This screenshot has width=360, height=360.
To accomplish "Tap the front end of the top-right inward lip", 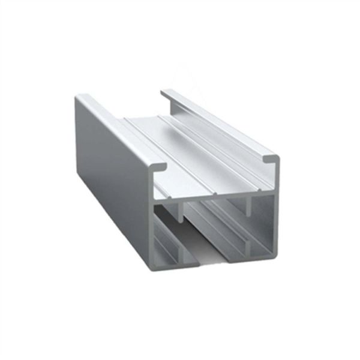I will pyautogui.click(x=269, y=159).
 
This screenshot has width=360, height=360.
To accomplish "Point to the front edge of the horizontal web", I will pyautogui.click(x=213, y=197).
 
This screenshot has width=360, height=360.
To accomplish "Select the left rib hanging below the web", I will pyautogui.click(x=180, y=211).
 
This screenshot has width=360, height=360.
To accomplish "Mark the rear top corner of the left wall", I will pyautogui.click(x=78, y=96).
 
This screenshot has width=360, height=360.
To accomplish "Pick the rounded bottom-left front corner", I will pyautogui.click(x=150, y=266).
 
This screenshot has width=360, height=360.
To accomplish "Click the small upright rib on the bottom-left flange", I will pyautogui.click(x=178, y=252).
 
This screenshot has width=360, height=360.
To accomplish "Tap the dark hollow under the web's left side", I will pyautogui.click(x=165, y=219).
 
